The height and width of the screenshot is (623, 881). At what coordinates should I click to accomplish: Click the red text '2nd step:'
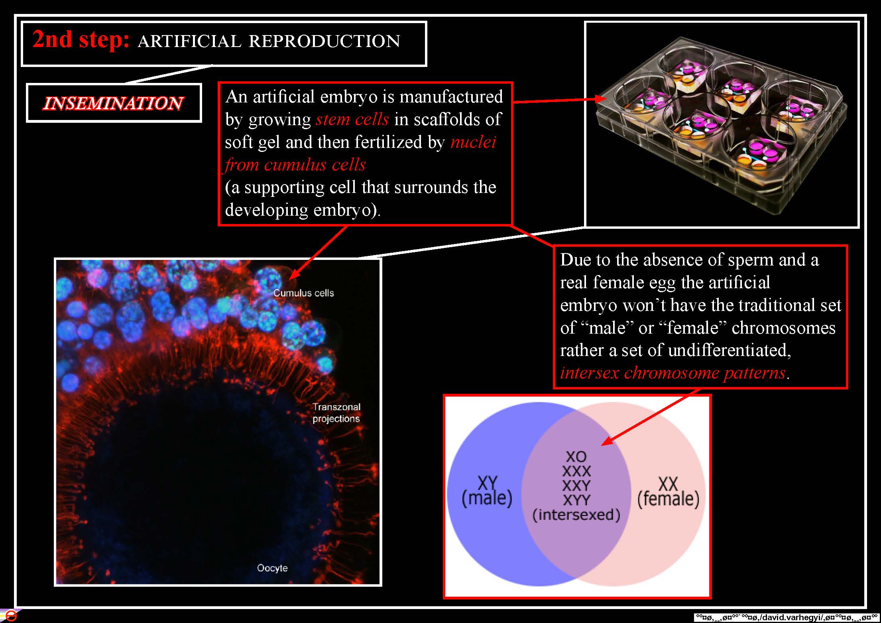coord(81,40)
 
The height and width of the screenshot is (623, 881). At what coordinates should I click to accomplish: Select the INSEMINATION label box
coord(114,103)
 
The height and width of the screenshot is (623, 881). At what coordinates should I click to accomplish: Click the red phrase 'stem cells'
coord(352,119)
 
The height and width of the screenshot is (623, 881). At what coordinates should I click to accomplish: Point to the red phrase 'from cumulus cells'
coord(295,165)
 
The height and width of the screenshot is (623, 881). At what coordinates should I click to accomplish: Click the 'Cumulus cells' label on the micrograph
coord(303,293)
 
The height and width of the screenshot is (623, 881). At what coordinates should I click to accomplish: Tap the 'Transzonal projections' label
coord(336,413)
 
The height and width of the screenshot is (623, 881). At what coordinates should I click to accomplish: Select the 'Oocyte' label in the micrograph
coord(272,568)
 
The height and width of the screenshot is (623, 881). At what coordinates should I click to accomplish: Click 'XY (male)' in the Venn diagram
coord(487,491)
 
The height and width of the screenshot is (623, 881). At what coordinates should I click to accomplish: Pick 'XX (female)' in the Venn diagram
coord(668,492)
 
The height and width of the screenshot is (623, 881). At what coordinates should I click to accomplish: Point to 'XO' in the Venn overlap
coord(576,456)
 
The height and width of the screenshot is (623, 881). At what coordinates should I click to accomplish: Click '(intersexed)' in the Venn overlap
coord(576,515)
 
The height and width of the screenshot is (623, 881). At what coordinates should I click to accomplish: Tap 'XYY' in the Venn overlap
coord(576,500)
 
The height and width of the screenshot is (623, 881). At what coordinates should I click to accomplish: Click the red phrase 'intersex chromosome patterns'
coord(673,373)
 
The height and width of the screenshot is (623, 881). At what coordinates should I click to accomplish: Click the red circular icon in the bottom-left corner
coord(10,615)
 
